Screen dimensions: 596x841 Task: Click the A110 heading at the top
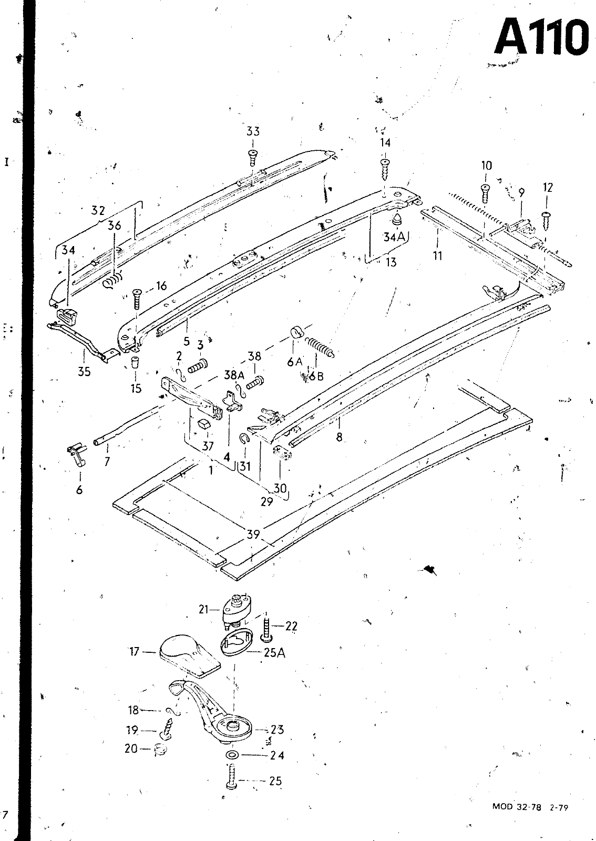click(540, 36)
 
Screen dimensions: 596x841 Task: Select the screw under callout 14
click(385, 168)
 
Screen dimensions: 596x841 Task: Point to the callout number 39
click(253, 534)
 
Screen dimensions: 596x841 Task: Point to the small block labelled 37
click(204, 424)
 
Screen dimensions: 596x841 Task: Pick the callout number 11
click(438, 256)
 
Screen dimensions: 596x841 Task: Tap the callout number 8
click(340, 437)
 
